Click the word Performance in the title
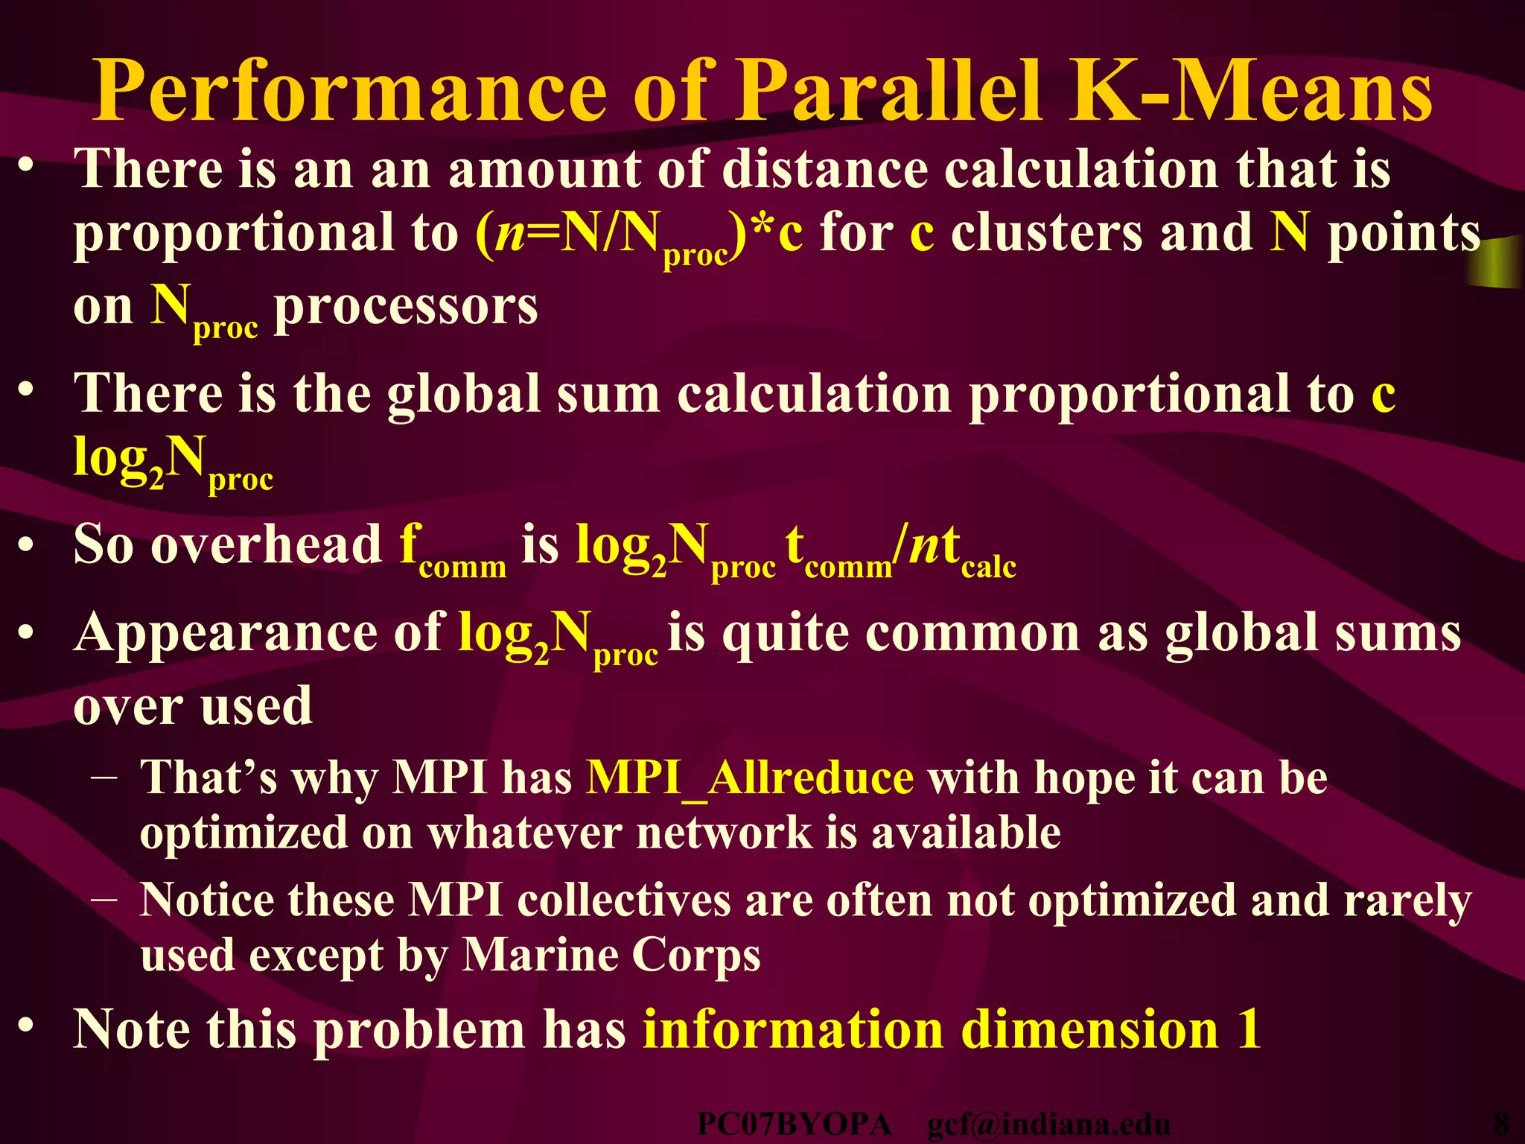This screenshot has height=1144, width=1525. point(350,93)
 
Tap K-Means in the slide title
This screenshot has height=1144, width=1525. point(1251,93)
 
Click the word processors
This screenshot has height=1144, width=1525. point(406,306)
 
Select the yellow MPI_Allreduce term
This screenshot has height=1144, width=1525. point(750,778)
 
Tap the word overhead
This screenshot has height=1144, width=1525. point(267,544)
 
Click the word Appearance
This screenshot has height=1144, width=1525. point(223,634)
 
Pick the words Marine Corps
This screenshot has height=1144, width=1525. point(611,955)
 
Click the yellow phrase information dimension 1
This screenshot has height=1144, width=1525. point(952,1029)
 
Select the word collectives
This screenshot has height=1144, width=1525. point(623,900)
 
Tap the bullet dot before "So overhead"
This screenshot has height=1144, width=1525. point(27,545)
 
